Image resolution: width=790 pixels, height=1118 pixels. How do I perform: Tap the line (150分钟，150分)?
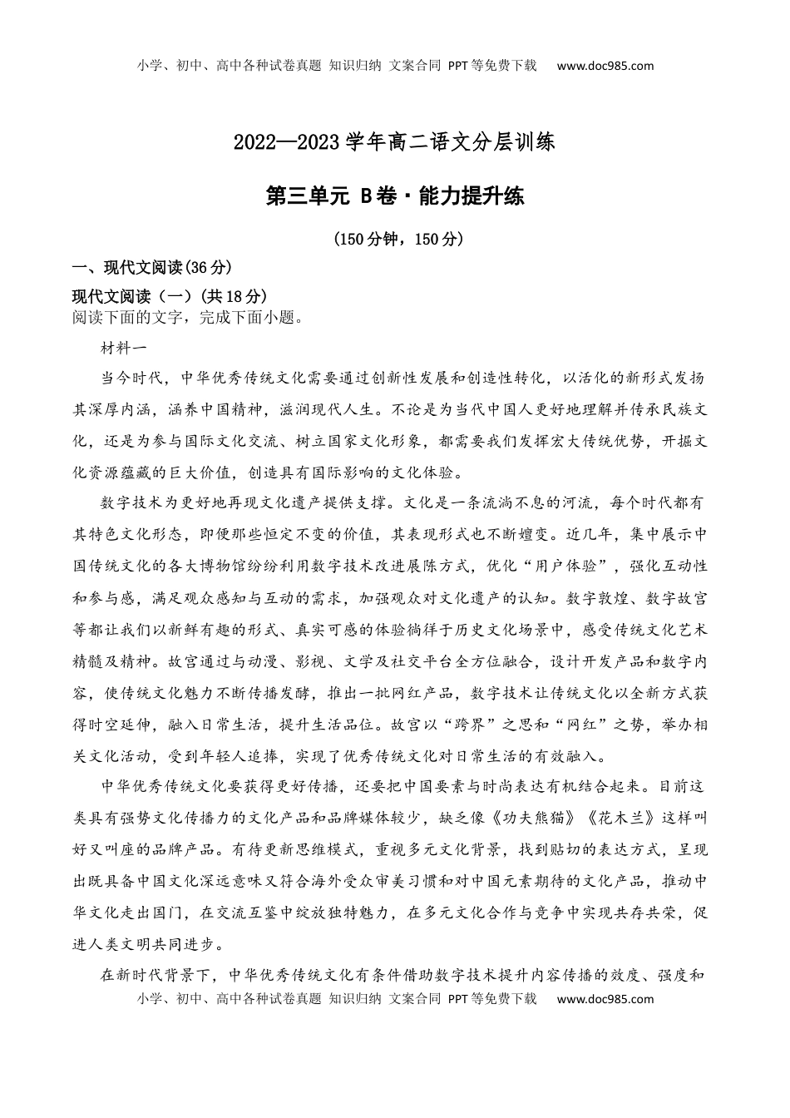point(396,239)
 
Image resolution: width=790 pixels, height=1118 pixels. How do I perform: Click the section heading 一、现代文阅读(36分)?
point(151,267)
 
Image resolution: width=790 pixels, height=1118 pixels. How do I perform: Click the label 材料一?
point(123,349)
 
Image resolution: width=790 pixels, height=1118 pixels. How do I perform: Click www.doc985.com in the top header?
point(605,66)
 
